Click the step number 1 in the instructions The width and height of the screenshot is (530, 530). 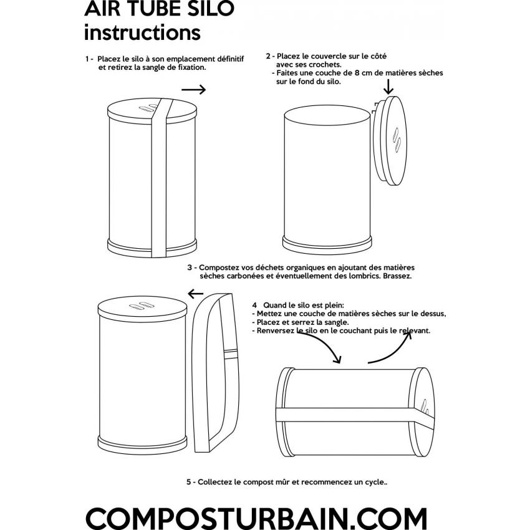[x=88, y=59]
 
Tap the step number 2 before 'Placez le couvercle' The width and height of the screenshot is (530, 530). [x=268, y=55]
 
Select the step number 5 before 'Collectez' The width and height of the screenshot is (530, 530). [x=188, y=482]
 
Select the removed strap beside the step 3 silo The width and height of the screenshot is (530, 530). [x=214, y=374]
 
